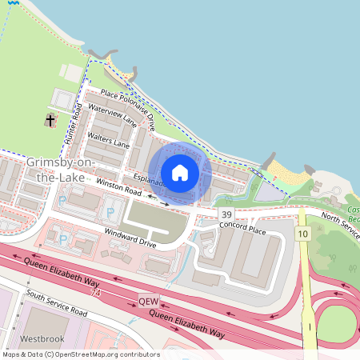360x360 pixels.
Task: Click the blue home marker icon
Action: click(x=180, y=173)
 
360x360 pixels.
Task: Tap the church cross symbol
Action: click(x=51, y=120)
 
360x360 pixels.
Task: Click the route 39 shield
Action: click(x=227, y=215)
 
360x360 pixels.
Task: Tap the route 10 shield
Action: click(x=302, y=233)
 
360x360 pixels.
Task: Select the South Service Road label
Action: click(x=55, y=302)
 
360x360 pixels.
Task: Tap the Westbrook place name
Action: click(x=42, y=338)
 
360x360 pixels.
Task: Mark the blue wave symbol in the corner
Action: click(x=4, y=4)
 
